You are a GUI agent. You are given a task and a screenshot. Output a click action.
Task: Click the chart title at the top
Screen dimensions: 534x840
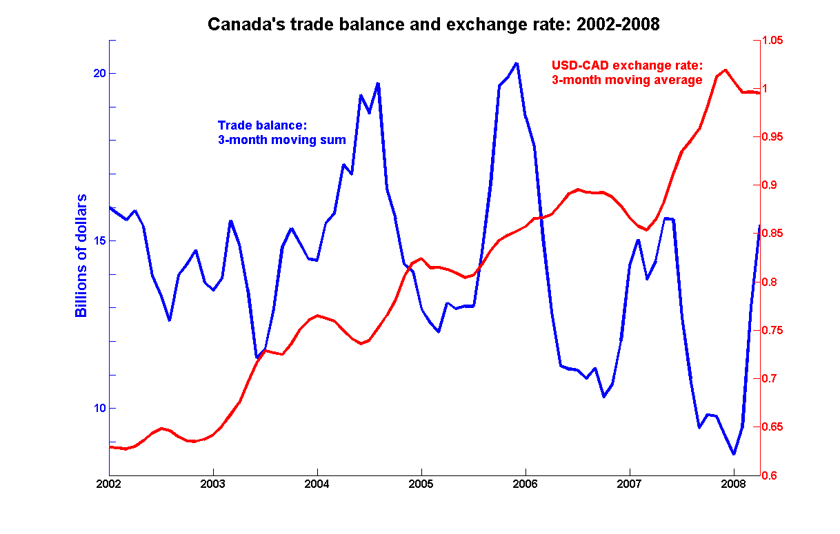tap(434, 25)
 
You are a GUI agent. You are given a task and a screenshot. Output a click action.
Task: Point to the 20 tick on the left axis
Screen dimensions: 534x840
tap(99, 74)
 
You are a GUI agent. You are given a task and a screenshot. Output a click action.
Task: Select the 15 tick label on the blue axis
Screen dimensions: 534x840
tap(99, 241)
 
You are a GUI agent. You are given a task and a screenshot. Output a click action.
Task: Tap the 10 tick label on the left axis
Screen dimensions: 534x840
tap(99, 409)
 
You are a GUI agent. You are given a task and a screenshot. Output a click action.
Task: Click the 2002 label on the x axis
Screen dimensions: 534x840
tap(109, 484)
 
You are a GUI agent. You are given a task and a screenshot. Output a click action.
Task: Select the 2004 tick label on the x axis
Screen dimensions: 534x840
tap(317, 484)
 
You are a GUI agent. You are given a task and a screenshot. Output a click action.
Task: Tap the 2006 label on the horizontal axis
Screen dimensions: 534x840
tap(526, 484)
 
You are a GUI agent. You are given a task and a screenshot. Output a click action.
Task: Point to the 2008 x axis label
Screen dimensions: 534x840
tap(734, 484)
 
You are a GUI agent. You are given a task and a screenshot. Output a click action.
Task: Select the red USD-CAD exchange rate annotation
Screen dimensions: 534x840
tap(627, 72)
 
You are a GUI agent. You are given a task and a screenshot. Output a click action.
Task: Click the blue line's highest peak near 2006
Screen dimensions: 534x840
tap(517, 63)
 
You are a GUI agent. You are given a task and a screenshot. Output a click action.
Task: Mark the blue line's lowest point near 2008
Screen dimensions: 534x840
tap(734, 454)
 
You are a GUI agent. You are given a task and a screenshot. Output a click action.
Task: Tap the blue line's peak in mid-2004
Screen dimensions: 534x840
tap(378, 83)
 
